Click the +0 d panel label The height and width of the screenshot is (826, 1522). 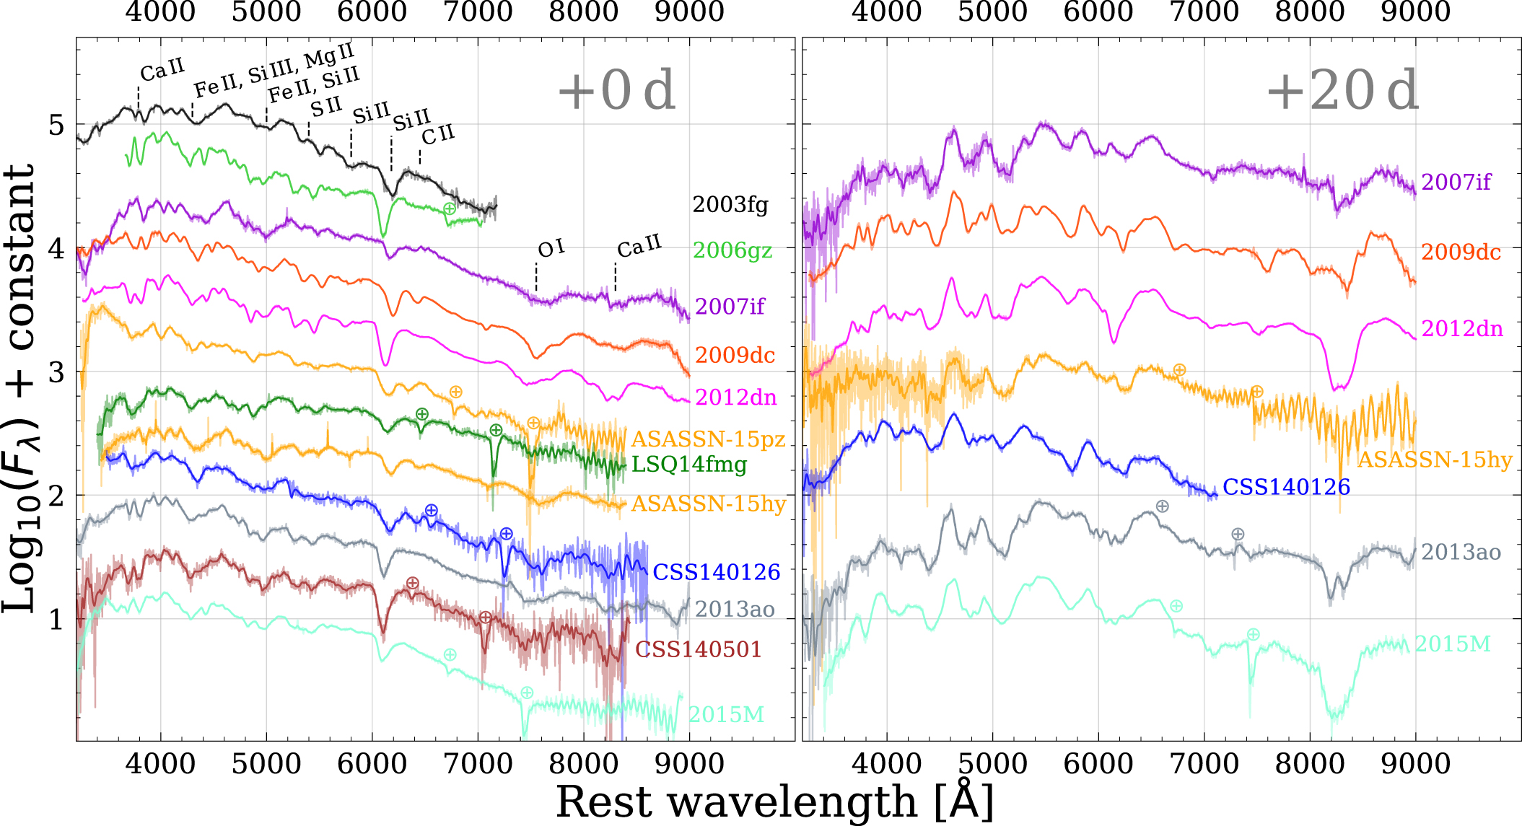point(617,91)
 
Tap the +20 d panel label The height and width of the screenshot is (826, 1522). point(1342,91)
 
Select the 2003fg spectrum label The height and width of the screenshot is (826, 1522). point(730,205)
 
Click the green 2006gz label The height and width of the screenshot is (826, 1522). point(732,250)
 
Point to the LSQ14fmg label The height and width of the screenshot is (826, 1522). point(689,464)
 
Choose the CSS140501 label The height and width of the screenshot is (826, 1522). point(698,649)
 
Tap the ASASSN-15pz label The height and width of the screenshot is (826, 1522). point(708,439)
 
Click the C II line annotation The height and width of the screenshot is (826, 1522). point(438,134)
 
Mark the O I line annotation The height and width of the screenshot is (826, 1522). point(551,249)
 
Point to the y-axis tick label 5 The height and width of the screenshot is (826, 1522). point(56,125)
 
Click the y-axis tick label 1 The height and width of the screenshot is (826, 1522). point(56,619)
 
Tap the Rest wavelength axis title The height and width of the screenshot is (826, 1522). point(775,801)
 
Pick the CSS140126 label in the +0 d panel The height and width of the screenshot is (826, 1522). point(716,572)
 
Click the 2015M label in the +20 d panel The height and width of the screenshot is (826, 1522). point(1452,643)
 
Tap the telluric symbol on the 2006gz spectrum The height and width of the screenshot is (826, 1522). point(449,208)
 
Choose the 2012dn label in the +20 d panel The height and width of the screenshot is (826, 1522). point(1462,329)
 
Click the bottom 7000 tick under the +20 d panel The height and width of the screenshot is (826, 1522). point(1204,763)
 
